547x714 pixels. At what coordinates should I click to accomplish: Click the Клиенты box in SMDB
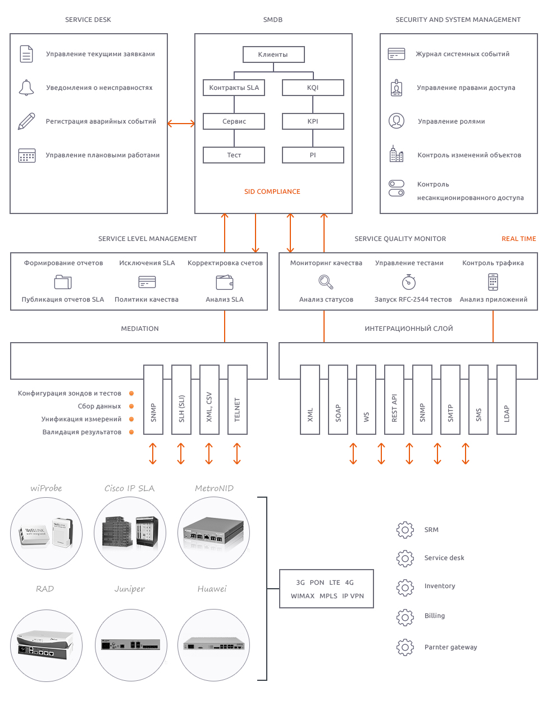[x=273, y=54]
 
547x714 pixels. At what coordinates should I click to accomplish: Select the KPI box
[x=313, y=121]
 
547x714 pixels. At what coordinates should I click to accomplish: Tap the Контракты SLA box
[x=234, y=88]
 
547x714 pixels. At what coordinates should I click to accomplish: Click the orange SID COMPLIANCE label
[x=272, y=192]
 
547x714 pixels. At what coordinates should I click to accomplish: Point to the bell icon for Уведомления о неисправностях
[x=26, y=88]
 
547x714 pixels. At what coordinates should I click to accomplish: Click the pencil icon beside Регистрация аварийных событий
[x=26, y=121]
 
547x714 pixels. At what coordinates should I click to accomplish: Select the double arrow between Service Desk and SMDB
[x=181, y=124]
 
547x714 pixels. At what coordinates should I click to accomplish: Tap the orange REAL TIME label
[x=518, y=239]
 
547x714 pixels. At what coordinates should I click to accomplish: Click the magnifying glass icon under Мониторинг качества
[x=326, y=282]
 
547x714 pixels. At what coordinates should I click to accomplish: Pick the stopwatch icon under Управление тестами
[x=409, y=282]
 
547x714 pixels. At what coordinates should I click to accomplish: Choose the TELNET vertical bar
[x=237, y=399]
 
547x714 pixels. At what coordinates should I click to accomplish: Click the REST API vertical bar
[x=394, y=399]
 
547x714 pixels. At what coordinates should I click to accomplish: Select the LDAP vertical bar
[x=507, y=399]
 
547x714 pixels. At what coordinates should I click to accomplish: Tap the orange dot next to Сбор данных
[x=131, y=407]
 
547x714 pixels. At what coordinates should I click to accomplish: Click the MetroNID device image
[x=214, y=533]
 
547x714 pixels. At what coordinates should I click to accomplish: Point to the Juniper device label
[x=129, y=589]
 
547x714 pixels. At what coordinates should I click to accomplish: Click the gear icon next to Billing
[x=405, y=617]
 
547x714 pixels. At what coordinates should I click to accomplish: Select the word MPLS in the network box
[x=329, y=596]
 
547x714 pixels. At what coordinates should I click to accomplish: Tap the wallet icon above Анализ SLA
[x=225, y=282]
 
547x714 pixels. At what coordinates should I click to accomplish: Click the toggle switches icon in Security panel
[x=396, y=188]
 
